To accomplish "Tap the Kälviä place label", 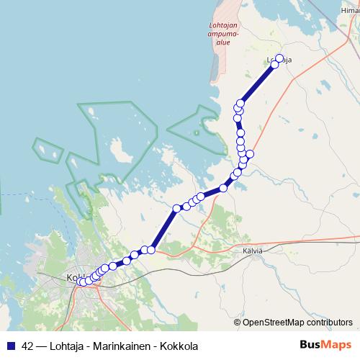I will tap(253, 251).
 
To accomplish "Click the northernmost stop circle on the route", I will tap(279, 58).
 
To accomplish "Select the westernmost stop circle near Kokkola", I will tap(80, 281).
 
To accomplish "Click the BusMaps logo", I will tap(325, 344).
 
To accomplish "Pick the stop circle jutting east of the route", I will tap(250, 154).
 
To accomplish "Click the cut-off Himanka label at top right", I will tap(351, 10).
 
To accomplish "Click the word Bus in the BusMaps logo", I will tap(311, 344).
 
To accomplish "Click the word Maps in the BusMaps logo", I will tap(337, 344).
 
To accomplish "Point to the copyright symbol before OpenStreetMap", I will tap(238, 323).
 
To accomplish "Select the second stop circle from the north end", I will tap(274, 65).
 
